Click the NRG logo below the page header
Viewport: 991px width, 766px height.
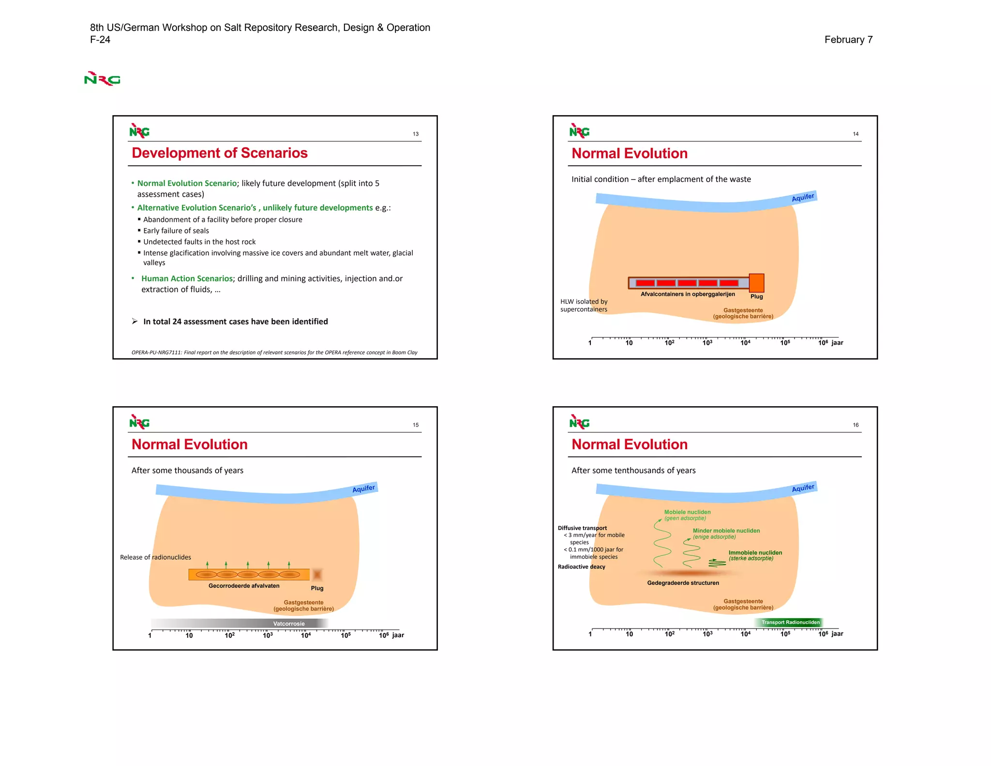[x=102, y=79]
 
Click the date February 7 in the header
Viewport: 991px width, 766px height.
[x=848, y=40]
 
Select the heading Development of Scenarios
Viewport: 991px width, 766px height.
[x=220, y=153]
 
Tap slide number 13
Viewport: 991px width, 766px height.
[x=416, y=134]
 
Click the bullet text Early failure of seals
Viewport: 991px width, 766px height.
[x=176, y=231]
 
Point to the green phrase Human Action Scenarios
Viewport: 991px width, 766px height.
[x=187, y=279]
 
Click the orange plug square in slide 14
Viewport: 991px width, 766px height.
[x=756, y=283]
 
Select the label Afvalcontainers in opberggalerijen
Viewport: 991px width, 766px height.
[x=688, y=294]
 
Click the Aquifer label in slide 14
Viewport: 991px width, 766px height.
[x=803, y=198]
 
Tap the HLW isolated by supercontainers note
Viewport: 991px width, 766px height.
[x=584, y=306]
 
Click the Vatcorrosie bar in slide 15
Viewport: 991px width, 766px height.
[x=289, y=624]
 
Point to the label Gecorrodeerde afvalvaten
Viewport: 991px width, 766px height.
[x=244, y=586]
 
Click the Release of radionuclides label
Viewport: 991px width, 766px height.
[x=155, y=557]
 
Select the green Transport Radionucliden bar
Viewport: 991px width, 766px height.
[x=790, y=623]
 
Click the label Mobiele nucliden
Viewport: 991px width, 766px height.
[x=687, y=512]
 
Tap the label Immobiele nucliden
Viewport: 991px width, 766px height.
[x=755, y=553]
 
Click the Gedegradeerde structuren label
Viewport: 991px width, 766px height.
[x=683, y=583]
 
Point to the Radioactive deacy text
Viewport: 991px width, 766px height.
[x=581, y=567]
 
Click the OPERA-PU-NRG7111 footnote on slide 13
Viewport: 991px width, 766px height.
[x=274, y=352]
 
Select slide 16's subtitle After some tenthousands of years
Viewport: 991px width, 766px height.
[x=633, y=471]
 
